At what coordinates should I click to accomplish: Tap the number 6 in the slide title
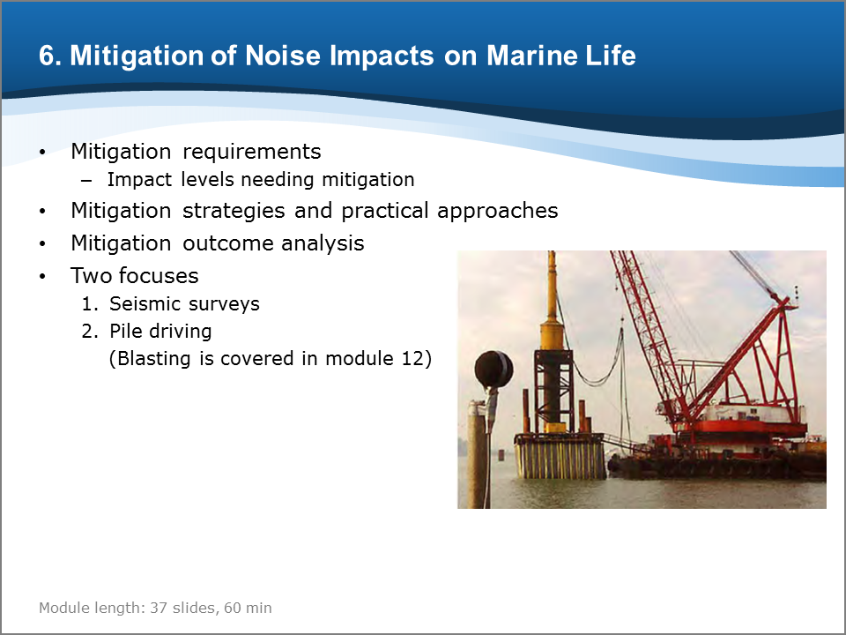[x=47, y=56]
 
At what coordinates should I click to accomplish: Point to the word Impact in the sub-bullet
[x=139, y=180]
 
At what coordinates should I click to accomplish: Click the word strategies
[x=234, y=211]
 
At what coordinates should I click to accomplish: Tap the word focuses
[x=159, y=275]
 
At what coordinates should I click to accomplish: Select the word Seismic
[x=143, y=303]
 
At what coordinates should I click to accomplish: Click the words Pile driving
[x=160, y=332]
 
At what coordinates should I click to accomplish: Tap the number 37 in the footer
[x=159, y=608]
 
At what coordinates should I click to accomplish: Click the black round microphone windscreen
[x=493, y=370]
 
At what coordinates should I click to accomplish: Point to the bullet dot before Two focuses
[x=42, y=276]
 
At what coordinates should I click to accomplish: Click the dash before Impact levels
[x=86, y=181]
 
